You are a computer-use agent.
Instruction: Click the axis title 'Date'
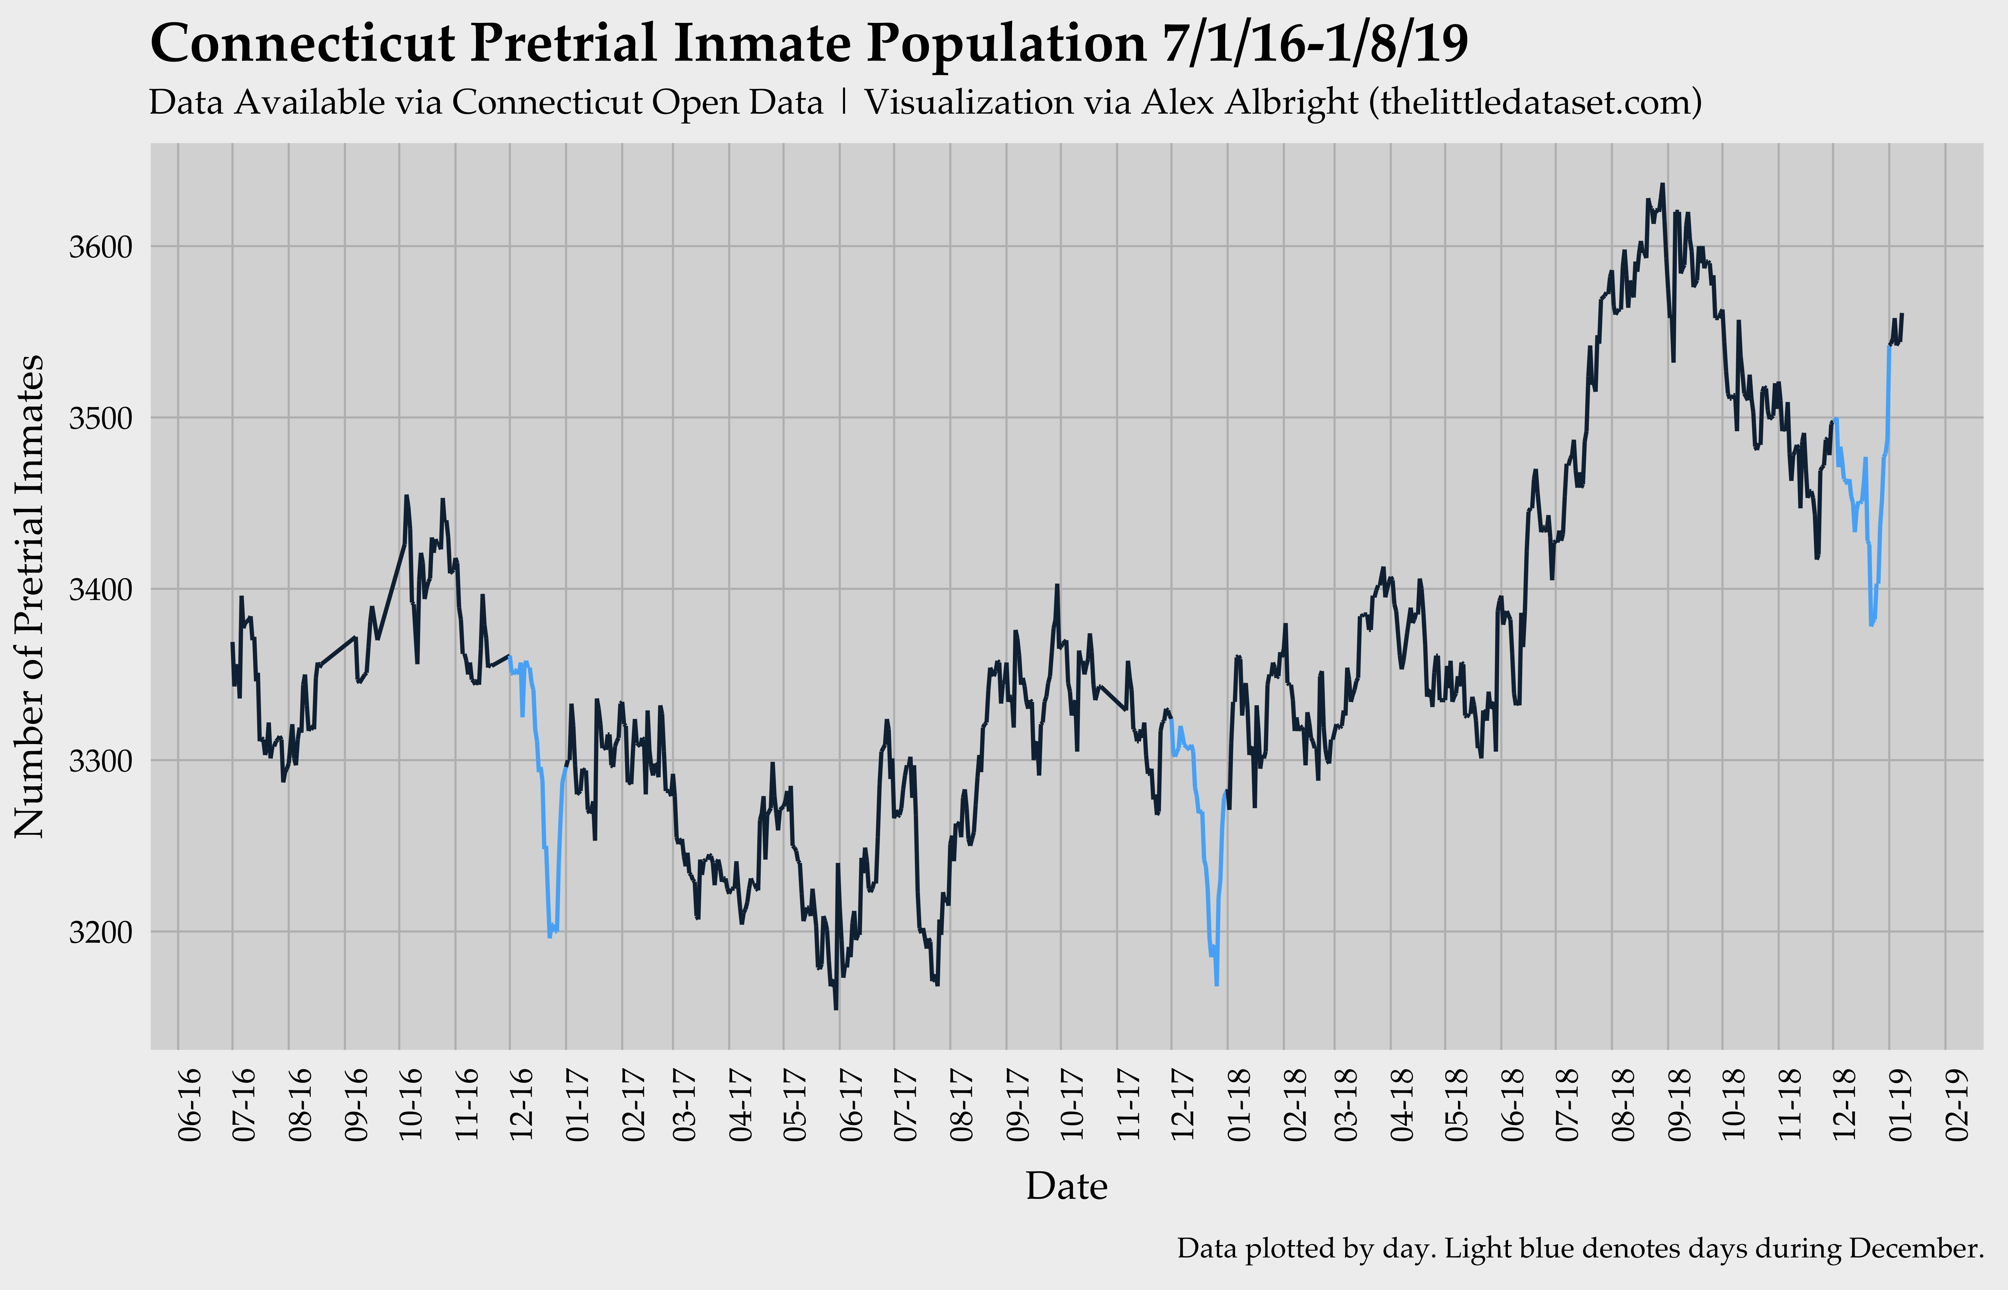(1066, 1186)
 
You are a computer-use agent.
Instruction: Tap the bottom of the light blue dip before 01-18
(1216, 985)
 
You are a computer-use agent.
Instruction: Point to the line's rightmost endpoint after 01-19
(1903, 314)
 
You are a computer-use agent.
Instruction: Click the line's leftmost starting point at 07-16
(232, 643)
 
